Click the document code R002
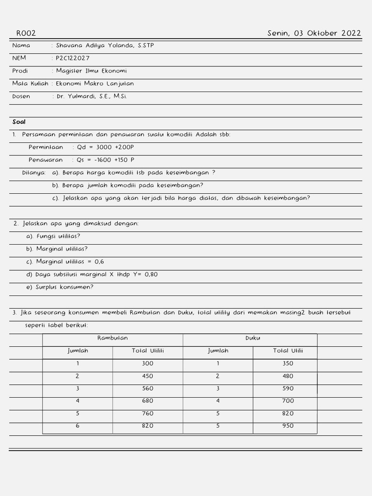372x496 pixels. click(x=26, y=33)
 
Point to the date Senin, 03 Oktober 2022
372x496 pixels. click(x=314, y=33)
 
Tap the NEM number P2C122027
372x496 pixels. click(x=73, y=58)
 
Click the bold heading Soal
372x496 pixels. click(x=19, y=122)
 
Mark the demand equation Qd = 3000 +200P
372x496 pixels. click(x=105, y=147)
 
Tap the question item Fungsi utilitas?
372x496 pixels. click(x=58, y=236)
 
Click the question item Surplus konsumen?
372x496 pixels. click(x=64, y=287)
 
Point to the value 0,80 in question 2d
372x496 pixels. click(x=150, y=274)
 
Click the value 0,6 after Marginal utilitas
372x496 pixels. click(x=99, y=262)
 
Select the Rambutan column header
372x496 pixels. click(x=112, y=338)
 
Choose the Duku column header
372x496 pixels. click(x=252, y=338)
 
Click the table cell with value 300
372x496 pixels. click(x=148, y=363)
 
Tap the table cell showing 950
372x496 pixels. click(x=288, y=426)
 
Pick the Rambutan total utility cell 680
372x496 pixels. click(x=148, y=401)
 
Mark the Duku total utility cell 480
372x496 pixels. click(x=288, y=376)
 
